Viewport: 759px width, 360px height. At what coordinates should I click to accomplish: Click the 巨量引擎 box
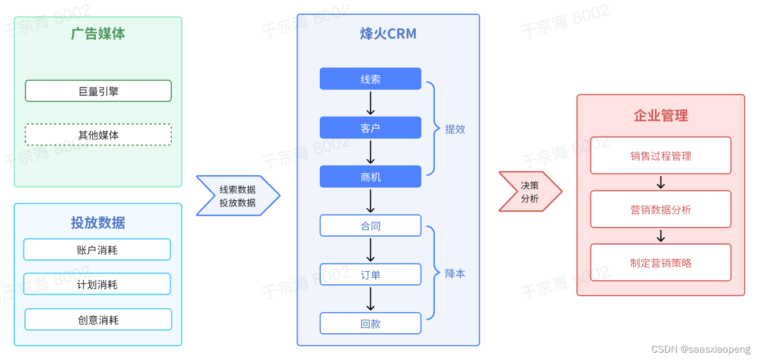click(x=98, y=91)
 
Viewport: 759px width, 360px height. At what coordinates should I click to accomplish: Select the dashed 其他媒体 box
click(x=98, y=135)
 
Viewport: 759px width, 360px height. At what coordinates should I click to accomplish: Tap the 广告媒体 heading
click(x=98, y=34)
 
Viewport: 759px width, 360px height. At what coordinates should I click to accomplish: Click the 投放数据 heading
click(x=98, y=222)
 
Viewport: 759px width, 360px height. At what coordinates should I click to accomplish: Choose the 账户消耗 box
click(x=97, y=250)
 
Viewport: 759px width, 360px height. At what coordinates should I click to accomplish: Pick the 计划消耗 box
click(x=97, y=284)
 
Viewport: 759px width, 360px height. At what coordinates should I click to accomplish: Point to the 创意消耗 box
click(x=98, y=320)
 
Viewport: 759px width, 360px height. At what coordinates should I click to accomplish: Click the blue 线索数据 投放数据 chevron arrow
click(x=238, y=196)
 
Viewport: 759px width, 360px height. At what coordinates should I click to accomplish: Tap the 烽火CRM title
click(x=388, y=34)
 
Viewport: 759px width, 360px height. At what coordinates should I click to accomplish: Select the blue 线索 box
click(x=370, y=79)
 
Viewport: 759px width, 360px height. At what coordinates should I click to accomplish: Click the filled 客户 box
click(x=370, y=128)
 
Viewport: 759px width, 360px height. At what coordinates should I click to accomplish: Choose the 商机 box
click(x=370, y=177)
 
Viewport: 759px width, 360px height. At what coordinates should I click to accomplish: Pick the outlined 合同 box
click(x=370, y=226)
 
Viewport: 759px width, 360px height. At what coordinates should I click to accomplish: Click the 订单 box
click(x=370, y=275)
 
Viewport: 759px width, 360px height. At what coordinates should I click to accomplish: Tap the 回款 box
click(x=370, y=324)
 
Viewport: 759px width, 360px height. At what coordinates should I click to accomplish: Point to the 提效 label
click(x=455, y=129)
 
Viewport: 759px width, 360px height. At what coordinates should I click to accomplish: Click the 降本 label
click(x=455, y=274)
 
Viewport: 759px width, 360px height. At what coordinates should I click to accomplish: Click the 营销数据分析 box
click(x=661, y=209)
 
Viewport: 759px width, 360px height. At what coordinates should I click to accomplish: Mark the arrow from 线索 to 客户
click(x=370, y=103)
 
